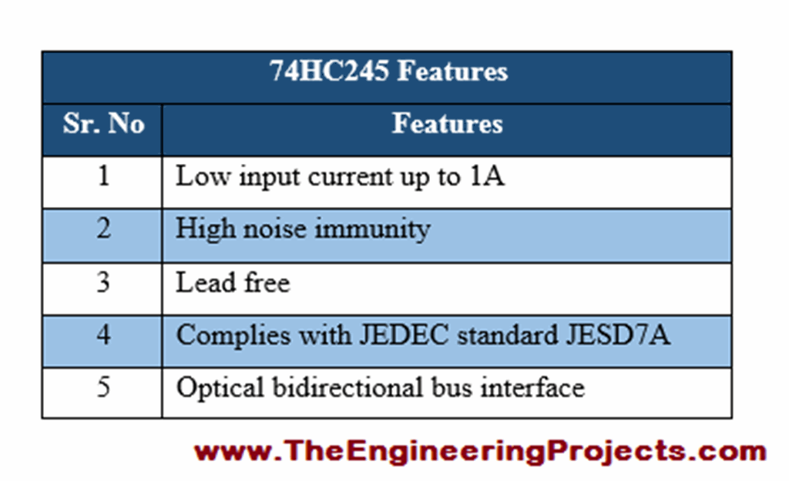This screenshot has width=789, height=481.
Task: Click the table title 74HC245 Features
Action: (388, 72)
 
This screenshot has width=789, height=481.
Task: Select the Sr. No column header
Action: (103, 124)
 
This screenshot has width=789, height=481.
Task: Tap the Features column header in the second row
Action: (447, 124)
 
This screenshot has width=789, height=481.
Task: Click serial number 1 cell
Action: (103, 177)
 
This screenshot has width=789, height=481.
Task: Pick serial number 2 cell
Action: (103, 229)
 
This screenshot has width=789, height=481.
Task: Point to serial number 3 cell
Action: (103, 282)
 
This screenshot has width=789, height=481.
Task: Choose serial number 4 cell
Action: (103, 335)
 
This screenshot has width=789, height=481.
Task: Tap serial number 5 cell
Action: (103, 387)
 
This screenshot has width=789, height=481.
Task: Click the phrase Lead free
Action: (233, 282)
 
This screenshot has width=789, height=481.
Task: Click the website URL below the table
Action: (479, 450)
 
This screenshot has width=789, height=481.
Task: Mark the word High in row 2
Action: (201, 229)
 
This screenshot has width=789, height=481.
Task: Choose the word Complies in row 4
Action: (226, 336)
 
